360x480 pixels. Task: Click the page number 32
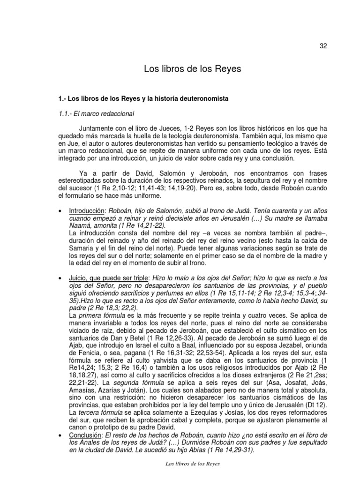click(323, 45)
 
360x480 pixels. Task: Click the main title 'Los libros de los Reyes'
click(192, 69)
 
